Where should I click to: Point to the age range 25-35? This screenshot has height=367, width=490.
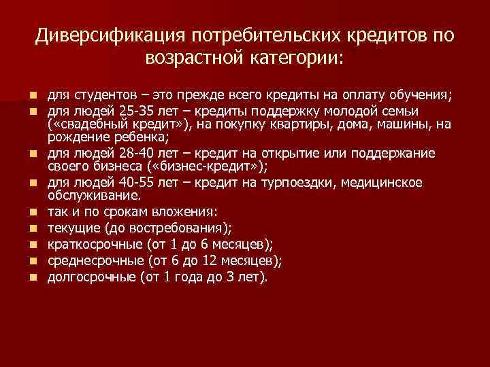pyautogui.click(x=138, y=111)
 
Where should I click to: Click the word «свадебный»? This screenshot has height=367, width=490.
pyautogui.click(x=84, y=124)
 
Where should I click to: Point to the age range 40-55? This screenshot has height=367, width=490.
pyautogui.click(x=139, y=183)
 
